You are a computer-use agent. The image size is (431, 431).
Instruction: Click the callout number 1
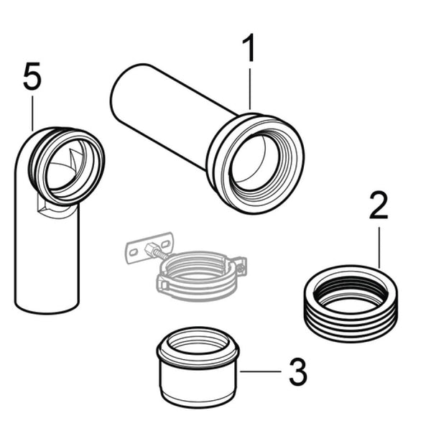[x=249, y=48]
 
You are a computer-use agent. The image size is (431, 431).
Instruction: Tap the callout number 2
[x=379, y=205]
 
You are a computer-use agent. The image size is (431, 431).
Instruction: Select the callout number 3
[x=298, y=371]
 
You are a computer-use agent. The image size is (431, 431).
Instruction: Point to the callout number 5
[x=32, y=76]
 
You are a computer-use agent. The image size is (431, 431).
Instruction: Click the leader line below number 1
[x=249, y=89]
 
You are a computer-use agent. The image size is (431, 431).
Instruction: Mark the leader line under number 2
[x=379, y=247]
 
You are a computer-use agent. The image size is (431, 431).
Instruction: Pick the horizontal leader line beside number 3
[x=261, y=371]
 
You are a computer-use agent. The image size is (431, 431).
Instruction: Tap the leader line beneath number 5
[x=32, y=113]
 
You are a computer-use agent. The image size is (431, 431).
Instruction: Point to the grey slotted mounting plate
[x=149, y=247]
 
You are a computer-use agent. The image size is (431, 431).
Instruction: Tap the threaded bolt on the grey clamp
[x=156, y=251]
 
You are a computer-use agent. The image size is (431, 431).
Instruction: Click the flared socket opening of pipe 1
[x=254, y=163]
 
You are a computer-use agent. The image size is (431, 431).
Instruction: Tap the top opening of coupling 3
[x=198, y=343]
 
